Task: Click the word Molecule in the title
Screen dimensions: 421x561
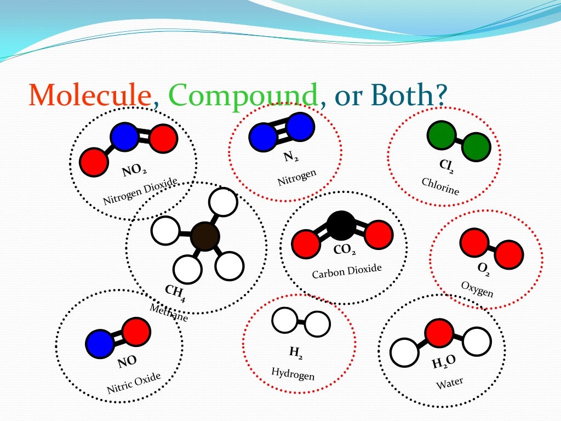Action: click(90, 95)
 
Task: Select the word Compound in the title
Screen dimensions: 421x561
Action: click(244, 95)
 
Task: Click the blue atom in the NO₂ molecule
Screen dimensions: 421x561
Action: click(125, 137)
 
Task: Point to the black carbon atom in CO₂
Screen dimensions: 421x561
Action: click(341, 225)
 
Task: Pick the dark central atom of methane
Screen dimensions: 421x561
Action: click(205, 237)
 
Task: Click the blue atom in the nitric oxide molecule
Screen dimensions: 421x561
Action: click(100, 344)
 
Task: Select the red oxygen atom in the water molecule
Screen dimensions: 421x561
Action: click(439, 333)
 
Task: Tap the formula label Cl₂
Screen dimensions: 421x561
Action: click(446, 165)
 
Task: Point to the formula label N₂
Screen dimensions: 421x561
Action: click(291, 157)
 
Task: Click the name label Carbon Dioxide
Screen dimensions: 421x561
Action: click(347, 271)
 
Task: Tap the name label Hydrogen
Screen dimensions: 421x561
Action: click(293, 373)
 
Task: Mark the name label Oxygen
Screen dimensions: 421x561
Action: click(477, 289)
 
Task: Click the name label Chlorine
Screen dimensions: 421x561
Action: click(440, 186)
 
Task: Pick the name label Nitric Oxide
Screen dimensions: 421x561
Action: click(134, 383)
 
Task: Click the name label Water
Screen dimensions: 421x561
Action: click(449, 382)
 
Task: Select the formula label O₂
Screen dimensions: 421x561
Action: click(483, 269)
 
